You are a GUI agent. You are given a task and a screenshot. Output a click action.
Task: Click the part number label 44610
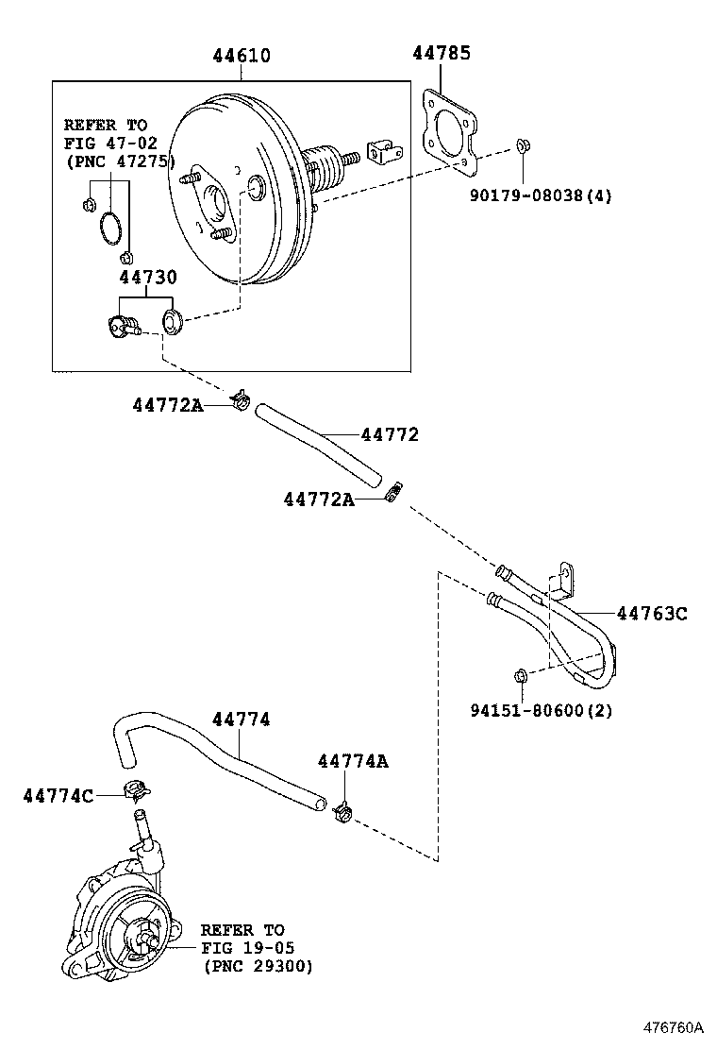coord(241,56)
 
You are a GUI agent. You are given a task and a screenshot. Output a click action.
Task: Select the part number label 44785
coord(442,53)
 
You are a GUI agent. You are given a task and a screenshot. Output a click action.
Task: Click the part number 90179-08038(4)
coord(541,196)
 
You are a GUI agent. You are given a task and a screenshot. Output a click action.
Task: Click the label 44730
coord(147,279)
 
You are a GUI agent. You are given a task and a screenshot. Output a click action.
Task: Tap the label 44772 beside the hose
coord(390,435)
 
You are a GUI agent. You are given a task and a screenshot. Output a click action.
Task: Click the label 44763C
coord(652,614)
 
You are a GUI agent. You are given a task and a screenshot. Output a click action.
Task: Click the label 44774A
coord(353,761)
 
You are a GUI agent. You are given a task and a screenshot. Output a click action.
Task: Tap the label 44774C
coord(58,796)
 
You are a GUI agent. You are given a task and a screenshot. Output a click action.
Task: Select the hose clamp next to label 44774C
coord(137,788)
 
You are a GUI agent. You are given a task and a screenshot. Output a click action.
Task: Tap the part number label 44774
coord(241,720)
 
